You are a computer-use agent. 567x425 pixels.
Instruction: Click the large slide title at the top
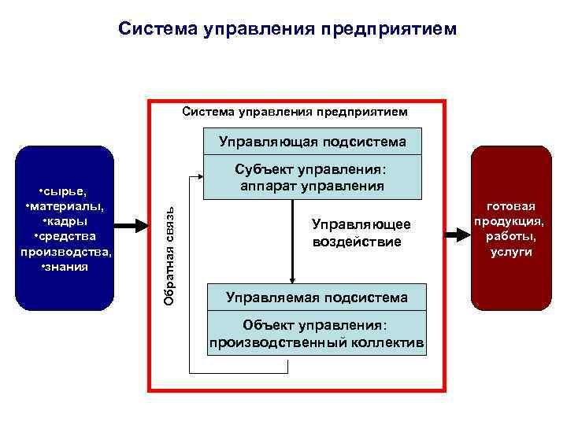pos(287,29)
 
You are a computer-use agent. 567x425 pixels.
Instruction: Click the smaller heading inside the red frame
pos(295,112)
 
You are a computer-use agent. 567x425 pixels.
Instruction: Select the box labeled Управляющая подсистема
pos(312,142)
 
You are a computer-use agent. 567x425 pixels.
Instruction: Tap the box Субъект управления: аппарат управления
pos(312,178)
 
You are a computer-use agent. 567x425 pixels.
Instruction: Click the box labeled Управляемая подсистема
pos(317,297)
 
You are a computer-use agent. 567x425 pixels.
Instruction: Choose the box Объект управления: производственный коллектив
pos(317,334)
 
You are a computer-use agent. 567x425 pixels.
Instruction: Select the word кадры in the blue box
pos(66,221)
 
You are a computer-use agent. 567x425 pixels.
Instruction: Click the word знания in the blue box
pos(66,266)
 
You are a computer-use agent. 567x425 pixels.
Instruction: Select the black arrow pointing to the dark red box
pos(455,234)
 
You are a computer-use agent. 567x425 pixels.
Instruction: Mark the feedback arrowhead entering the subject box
pos(198,178)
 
